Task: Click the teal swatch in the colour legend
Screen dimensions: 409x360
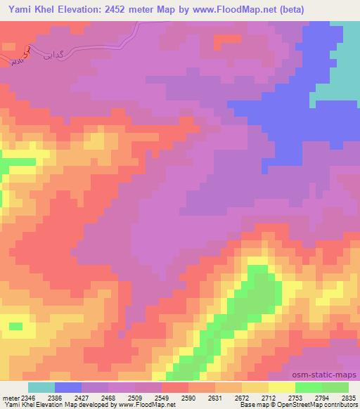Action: (x=41, y=387)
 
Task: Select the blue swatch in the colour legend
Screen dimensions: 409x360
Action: (x=67, y=387)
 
